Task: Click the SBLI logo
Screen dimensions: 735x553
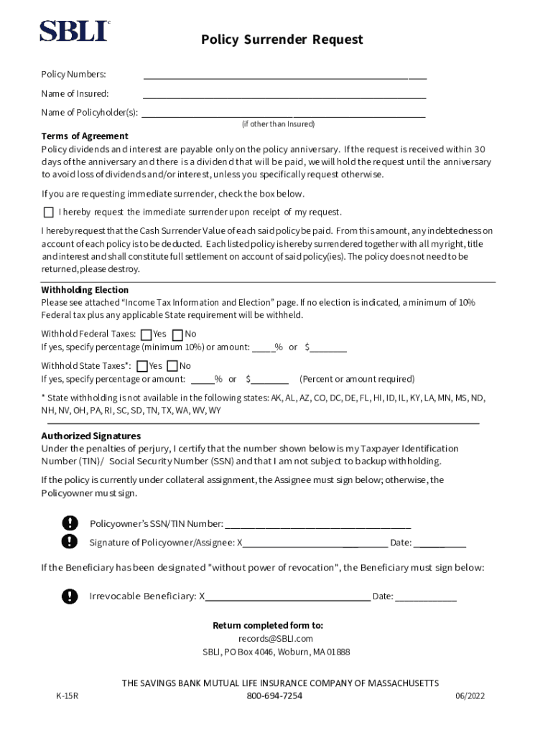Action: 74,31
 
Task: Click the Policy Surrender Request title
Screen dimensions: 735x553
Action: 282,39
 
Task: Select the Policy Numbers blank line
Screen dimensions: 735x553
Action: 284,74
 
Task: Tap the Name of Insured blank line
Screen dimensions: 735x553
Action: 284,93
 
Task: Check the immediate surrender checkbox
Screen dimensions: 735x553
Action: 48,212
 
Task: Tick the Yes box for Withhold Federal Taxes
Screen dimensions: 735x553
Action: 147,334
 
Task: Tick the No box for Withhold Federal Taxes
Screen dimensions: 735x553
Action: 178,334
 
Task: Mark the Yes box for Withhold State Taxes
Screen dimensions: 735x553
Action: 142,366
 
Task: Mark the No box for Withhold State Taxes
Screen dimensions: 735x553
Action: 172,366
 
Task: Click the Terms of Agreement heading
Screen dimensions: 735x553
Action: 85,136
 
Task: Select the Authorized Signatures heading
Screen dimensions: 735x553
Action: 91,436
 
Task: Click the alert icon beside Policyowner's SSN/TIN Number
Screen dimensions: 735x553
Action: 69,523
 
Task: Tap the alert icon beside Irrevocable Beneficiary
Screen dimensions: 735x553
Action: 69,596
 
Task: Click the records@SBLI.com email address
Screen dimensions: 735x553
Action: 276,638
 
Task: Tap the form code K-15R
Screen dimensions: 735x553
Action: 67,696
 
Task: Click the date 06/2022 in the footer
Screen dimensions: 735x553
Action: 470,696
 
